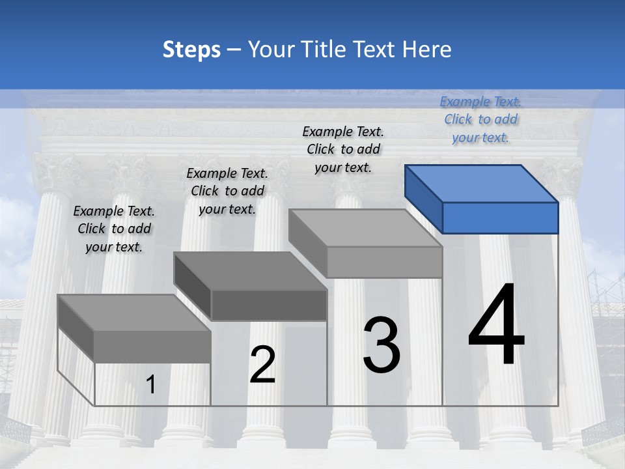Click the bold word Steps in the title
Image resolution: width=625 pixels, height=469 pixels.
click(x=191, y=50)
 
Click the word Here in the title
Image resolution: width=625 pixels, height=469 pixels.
click(x=428, y=50)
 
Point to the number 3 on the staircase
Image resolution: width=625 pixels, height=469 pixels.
click(x=382, y=345)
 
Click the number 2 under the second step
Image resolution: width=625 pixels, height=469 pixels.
click(x=262, y=365)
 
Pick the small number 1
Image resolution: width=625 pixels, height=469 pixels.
click(x=151, y=385)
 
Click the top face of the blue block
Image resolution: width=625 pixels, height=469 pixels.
click(x=482, y=184)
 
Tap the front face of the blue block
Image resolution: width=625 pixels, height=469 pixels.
click(x=500, y=218)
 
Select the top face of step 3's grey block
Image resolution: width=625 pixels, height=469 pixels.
click(x=365, y=228)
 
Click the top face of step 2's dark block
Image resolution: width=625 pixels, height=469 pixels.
click(x=250, y=271)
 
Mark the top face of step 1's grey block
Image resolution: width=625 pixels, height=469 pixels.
click(x=134, y=313)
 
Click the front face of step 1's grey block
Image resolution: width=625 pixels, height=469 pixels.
click(x=152, y=347)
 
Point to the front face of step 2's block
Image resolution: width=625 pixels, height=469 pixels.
click(x=269, y=305)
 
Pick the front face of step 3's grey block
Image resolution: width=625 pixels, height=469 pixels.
click(x=385, y=262)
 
